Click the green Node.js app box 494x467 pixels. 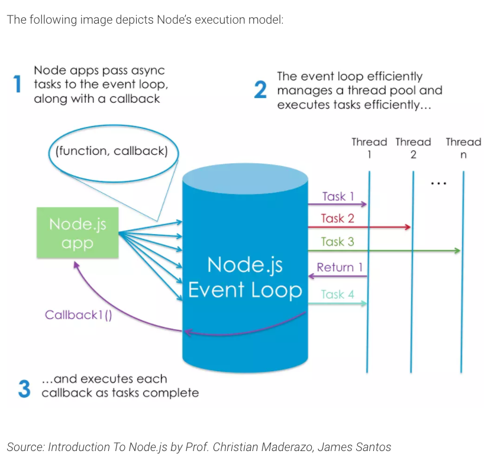[78, 233]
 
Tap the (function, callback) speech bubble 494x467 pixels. [112, 151]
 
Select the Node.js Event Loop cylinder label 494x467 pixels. [245, 277]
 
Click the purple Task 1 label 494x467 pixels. [338, 197]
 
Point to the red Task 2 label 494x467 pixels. [337, 219]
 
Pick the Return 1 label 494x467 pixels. [340, 268]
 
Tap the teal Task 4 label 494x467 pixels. [337, 294]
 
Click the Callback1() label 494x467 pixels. [78, 315]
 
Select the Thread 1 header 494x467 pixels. [369, 148]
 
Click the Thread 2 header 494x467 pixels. [413, 148]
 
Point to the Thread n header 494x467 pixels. [463, 148]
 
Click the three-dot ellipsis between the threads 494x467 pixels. [438, 184]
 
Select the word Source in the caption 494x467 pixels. [24, 447]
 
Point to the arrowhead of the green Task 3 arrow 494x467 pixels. [457, 251]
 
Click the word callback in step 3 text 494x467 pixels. [66, 393]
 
